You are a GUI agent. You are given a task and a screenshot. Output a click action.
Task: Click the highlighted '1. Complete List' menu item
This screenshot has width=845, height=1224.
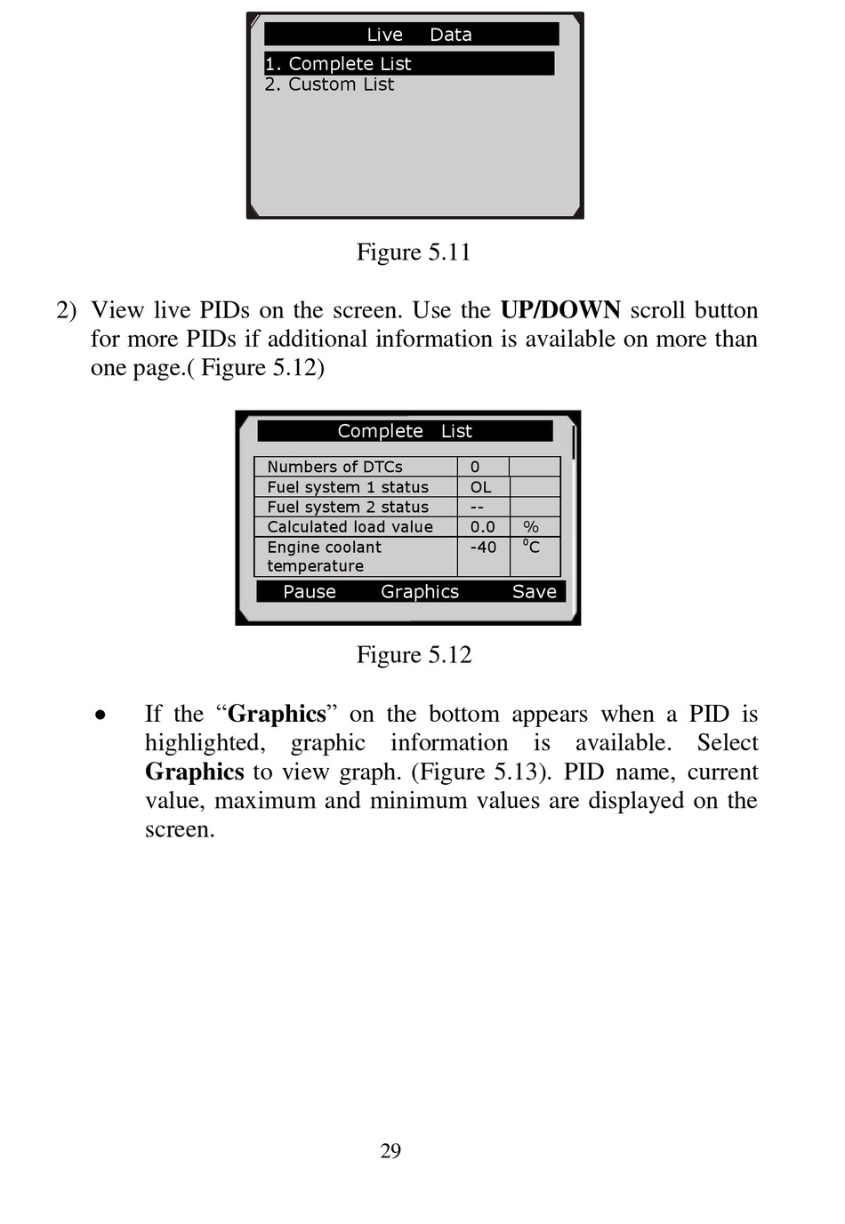click(x=339, y=64)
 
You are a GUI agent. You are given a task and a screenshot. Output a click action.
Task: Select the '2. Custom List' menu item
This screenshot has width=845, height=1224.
click(x=329, y=84)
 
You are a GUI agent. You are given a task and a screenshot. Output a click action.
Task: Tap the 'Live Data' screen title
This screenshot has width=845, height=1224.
click(x=419, y=35)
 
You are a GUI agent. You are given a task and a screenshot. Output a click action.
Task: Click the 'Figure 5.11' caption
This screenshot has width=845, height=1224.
click(x=414, y=252)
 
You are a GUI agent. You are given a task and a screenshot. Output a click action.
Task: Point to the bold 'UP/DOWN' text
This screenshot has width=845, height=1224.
click(x=560, y=310)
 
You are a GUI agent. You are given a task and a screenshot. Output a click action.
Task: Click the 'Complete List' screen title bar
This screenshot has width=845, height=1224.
click(x=405, y=431)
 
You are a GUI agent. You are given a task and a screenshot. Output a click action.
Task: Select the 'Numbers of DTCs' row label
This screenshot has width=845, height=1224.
click(x=334, y=467)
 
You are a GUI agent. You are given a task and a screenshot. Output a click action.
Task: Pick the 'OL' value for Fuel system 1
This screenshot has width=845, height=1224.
click(x=480, y=487)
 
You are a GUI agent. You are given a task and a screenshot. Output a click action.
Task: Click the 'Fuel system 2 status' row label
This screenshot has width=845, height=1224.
click(x=348, y=507)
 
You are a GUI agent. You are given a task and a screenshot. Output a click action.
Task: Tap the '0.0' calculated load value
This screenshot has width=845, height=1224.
click(x=482, y=527)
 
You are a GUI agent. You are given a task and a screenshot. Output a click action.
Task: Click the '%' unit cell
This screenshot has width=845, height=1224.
click(x=531, y=527)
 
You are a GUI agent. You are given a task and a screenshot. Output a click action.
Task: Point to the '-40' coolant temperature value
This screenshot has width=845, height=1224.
click(x=483, y=548)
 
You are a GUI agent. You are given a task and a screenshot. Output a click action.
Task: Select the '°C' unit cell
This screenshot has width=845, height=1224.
click(x=531, y=547)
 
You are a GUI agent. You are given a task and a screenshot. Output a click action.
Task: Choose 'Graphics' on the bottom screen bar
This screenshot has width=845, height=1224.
click(x=420, y=592)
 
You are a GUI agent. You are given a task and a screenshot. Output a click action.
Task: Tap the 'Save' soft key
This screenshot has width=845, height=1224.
click(x=534, y=592)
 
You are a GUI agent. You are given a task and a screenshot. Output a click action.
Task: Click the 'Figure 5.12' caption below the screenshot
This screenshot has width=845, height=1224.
click(x=414, y=655)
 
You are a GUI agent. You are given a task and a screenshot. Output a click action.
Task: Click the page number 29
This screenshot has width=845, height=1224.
click(x=390, y=1151)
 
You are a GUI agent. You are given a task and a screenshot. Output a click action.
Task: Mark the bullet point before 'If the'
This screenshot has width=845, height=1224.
click(x=101, y=715)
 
